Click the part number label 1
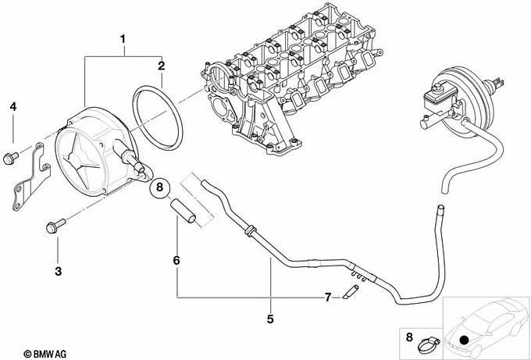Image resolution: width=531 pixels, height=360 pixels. tap(123, 39)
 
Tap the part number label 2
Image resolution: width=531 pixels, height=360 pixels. tap(162, 66)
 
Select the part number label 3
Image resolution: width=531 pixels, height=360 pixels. tap(59, 271)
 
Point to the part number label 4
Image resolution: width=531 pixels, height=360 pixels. tap(12, 107)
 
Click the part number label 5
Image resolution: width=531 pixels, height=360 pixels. tap(270, 319)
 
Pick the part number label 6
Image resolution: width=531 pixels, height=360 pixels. tap(176, 260)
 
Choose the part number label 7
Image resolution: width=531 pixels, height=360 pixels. tap(327, 298)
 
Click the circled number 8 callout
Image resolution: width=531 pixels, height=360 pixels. tap(159, 187)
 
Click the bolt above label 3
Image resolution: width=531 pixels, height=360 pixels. tap(55, 226)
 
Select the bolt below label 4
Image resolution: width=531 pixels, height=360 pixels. tap(9, 157)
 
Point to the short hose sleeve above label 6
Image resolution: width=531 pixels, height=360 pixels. tap(184, 212)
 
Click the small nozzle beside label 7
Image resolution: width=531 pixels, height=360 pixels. tap(350, 292)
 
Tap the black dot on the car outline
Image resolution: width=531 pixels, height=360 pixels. tap(465, 340)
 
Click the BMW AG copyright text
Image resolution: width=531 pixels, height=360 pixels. tap(45, 354)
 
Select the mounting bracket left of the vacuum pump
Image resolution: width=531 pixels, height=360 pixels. tap(31, 176)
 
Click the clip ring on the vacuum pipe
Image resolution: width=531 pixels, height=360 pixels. tap(251, 230)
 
